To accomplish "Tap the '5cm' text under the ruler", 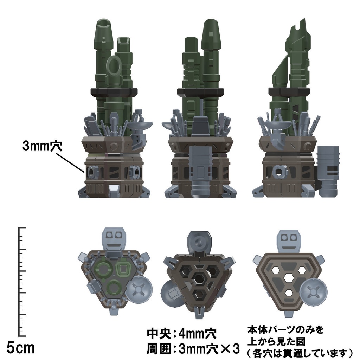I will [x=21, y=348].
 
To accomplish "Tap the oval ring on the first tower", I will [x=114, y=66].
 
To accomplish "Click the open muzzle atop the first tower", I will [x=104, y=25].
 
